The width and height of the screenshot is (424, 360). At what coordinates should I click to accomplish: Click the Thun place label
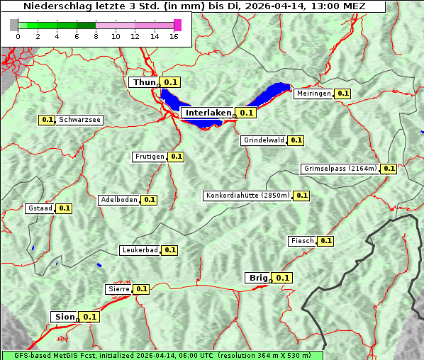pyautogui.click(x=144, y=83)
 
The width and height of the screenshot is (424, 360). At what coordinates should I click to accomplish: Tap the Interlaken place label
pyautogui.click(x=208, y=113)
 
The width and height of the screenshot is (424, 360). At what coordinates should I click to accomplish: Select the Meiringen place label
pyautogui.click(x=313, y=94)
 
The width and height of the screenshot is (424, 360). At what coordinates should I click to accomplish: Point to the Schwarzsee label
pyautogui.click(x=80, y=120)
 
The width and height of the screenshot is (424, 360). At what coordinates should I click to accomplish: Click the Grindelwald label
pyautogui.click(x=264, y=140)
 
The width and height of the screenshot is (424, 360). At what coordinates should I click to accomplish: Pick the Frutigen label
pyautogui.click(x=150, y=157)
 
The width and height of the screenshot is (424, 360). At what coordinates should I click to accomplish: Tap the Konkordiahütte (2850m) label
pyautogui.click(x=247, y=196)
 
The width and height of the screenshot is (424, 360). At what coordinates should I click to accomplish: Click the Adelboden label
pyautogui.click(x=118, y=200)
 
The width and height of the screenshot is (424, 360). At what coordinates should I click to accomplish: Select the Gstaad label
pyautogui.click(x=40, y=208)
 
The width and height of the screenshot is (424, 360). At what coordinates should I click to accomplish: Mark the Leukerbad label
pyautogui.click(x=140, y=250)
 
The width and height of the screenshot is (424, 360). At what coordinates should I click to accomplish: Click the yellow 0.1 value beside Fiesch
pyautogui.click(x=325, y=241)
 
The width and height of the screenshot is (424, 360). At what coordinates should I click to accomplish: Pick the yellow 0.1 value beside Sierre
pyautogui.click(x=142, y=289)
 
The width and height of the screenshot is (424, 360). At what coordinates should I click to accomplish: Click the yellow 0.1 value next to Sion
pyautogui.click(x=89, y=317)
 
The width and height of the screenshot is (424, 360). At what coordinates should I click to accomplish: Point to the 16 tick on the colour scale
pyautogui.click(x=174, y=36)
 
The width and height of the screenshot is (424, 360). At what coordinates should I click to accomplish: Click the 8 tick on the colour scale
pyautogui.click(x=96, y=36)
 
